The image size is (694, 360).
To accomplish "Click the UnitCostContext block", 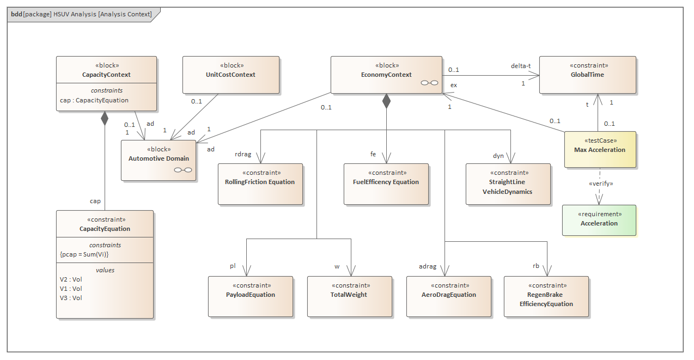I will click(x=230, y=75).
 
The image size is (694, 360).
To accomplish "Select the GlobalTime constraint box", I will click(x=587, y=75).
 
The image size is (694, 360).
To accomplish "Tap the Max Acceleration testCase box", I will click(x=599, y=150).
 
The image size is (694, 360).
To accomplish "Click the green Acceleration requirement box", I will click(x=599, y=220).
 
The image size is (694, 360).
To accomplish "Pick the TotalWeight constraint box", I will click(x=349, y=296).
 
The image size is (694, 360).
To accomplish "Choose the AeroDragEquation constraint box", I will click(x=448, y=296).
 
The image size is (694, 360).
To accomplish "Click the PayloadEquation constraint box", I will click(x=250, y=296).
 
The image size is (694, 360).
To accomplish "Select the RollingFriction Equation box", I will click(x=260, y=184).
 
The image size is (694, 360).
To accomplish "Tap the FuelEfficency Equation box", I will click(x=386, y=184).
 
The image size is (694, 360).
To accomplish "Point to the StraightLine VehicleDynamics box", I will click(x=507, y=184).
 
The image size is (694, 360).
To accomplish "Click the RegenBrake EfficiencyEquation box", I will click(x=546, y=296).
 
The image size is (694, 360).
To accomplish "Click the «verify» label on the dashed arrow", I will click(x=601, y=184).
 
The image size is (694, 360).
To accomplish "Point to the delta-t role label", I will click(x=520, y=66).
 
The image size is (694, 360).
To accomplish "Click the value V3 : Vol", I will click(x=71, y=298).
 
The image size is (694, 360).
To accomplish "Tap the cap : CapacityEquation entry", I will click(x=94, y=100).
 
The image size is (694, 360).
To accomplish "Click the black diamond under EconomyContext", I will click(x=386, y=101).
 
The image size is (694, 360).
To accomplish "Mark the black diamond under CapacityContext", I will click(x=104, y=118).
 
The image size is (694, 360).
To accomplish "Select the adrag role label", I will click(x=427, y=266).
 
